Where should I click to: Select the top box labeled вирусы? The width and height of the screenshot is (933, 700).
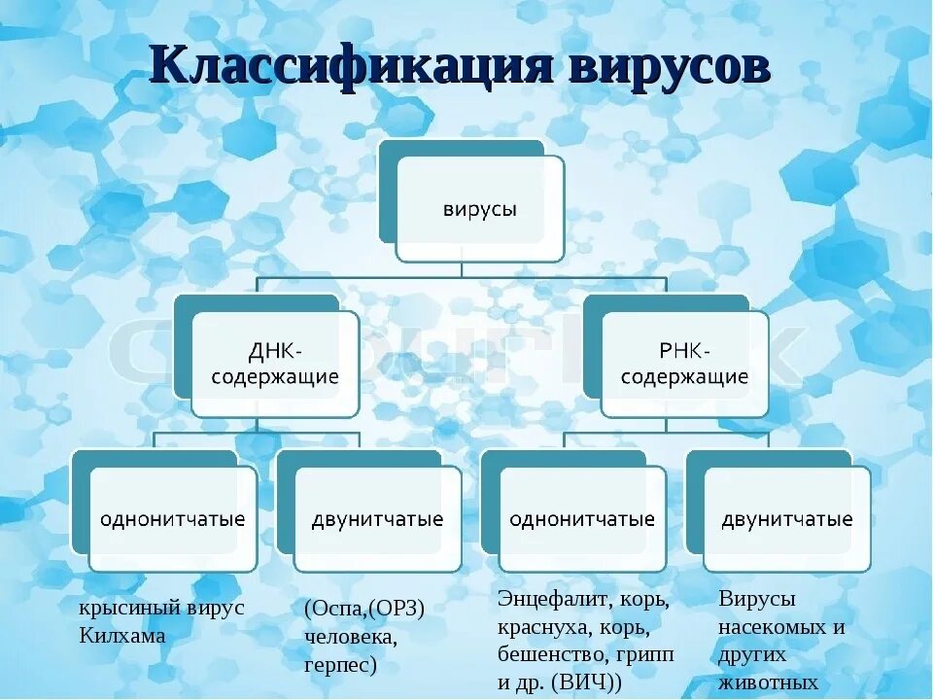coord(480,209)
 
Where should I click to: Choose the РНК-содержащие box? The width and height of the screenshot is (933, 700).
coord(684,364)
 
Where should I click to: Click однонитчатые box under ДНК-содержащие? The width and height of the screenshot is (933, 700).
coord(172,519)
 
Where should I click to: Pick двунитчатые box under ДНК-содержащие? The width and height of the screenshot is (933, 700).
coord(377,519)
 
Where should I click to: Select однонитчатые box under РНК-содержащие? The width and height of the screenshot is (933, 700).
coord(582,519)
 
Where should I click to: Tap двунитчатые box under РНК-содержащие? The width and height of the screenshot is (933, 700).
coord(787,519)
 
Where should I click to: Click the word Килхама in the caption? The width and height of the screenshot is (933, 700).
coord(122,636)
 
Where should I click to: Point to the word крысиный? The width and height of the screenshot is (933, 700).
coord(121,609)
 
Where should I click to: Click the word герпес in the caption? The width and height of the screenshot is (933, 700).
coord(340,666)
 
